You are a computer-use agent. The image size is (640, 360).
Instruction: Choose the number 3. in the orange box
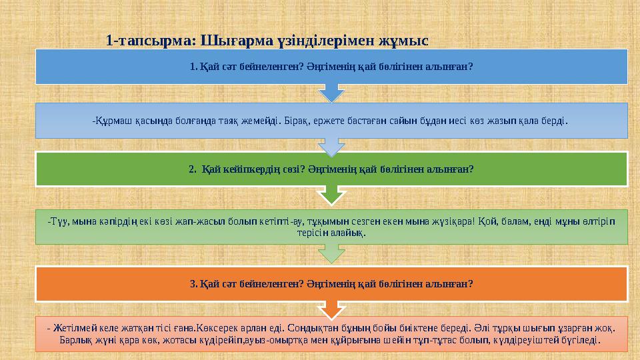193,284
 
